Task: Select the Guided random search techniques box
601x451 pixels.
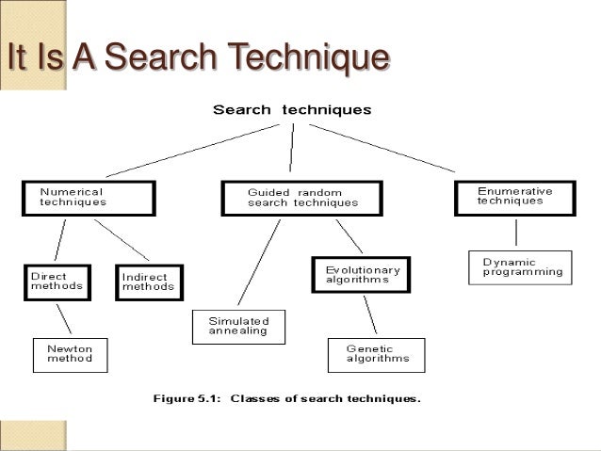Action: tap(302, 197)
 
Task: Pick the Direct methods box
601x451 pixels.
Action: tap(57, 282)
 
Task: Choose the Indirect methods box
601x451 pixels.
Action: tap(150, 282)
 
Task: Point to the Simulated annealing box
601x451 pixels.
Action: tap(238, 326)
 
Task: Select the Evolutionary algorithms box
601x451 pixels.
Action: tap(362, 275)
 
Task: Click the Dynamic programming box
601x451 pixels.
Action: tap(521, 266)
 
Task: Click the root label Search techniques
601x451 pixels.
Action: tap(292, 109)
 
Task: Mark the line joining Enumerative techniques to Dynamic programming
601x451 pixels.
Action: tap(514, 233)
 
